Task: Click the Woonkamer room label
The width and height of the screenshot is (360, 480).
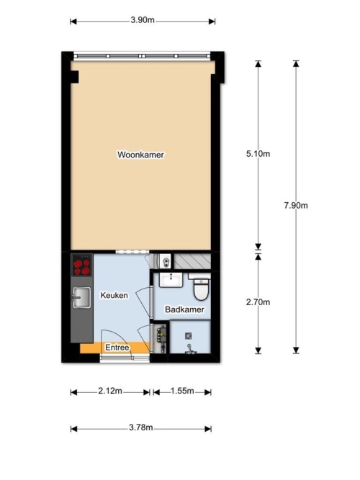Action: pos(140,155)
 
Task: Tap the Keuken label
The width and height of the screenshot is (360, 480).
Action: pos(114,295)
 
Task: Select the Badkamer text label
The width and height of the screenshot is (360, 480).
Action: pos(184,309)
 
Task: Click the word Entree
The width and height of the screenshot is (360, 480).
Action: pos(117,348)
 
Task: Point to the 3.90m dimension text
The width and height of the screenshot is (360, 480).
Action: pos(143,20)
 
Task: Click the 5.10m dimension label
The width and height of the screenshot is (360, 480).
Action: pos(258,154)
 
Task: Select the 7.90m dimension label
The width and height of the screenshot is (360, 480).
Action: pos(296,205)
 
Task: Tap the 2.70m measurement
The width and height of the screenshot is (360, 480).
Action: pos(258,302)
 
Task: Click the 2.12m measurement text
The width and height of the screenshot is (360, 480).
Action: pos(110,391)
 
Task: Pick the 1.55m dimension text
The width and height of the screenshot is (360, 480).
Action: pos(182,391)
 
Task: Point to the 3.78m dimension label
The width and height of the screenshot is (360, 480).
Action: pos(140,427)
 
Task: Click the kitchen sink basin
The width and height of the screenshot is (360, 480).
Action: pos(81,297)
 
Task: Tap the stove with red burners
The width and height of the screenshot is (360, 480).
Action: pos(82,265)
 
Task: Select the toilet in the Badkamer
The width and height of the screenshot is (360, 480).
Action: pos(201,288)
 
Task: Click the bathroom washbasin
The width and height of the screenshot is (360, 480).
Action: pos(171,280)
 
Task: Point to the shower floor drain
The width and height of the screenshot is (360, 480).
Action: pos(189,336)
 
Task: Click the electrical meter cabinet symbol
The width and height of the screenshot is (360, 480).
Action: pos(161,337)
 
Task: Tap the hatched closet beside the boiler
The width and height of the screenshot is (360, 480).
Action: pos(192,261)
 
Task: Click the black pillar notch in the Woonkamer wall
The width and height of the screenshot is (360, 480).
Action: pos(75,77)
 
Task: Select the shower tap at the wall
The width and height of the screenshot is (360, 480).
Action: pos(190,349)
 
